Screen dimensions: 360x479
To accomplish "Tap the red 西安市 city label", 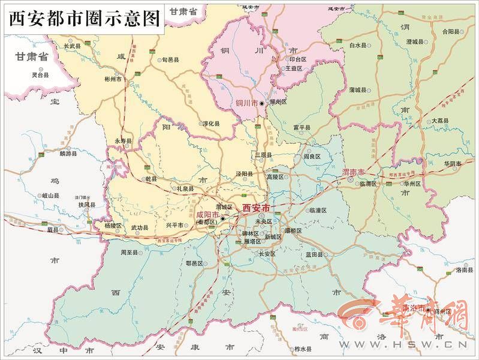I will (257, 208).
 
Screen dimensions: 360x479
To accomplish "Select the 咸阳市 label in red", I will (207, 215).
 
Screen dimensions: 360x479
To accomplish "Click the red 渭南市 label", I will (353, 172).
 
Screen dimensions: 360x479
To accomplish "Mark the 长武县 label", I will (72, 46).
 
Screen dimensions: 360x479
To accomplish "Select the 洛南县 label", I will (465, 271).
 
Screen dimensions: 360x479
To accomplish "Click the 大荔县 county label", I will (439, 121).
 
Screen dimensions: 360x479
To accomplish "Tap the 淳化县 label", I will (210, 124).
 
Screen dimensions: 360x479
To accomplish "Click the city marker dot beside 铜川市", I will (261, 103).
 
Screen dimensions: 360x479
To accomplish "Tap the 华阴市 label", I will (453, 164).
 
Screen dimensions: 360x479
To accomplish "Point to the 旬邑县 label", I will (170, 60).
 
